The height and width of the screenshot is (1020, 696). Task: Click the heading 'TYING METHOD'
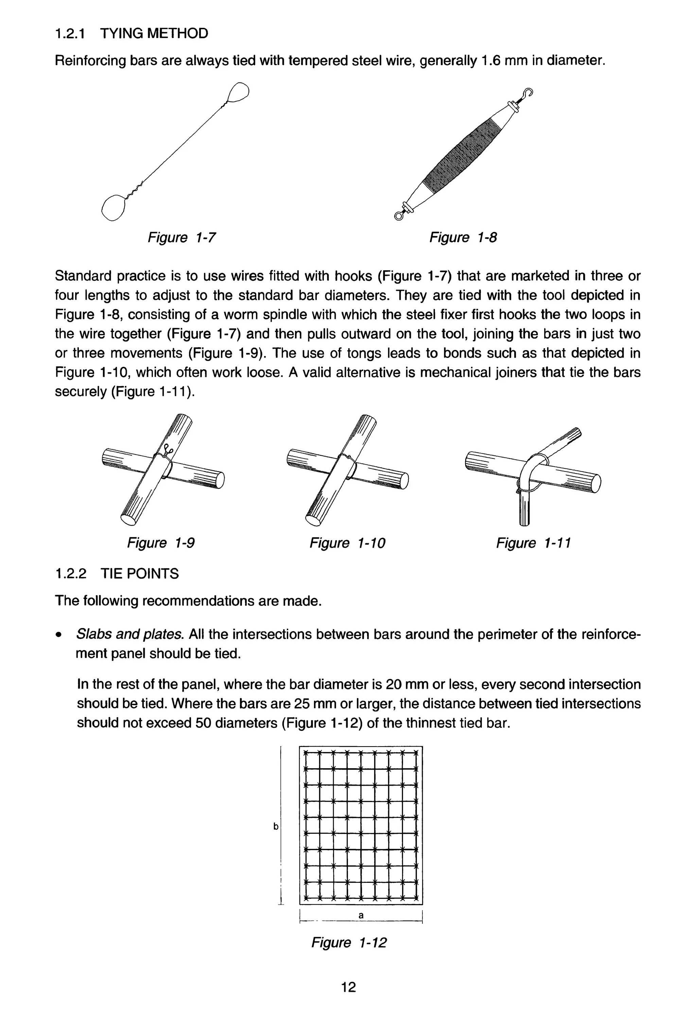pos(154,33)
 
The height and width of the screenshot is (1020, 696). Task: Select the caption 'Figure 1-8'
pos(463,237)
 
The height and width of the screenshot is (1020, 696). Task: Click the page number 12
pos(348,987)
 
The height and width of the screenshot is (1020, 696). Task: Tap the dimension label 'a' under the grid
pos(361,915)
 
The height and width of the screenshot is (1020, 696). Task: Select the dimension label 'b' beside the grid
pos(276,826)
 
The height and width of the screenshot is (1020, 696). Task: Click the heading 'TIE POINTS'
pos(140,574)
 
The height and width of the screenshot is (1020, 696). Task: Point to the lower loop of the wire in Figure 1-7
pos(114,207)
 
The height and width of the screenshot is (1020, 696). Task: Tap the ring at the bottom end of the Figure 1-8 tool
pos(399,215)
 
